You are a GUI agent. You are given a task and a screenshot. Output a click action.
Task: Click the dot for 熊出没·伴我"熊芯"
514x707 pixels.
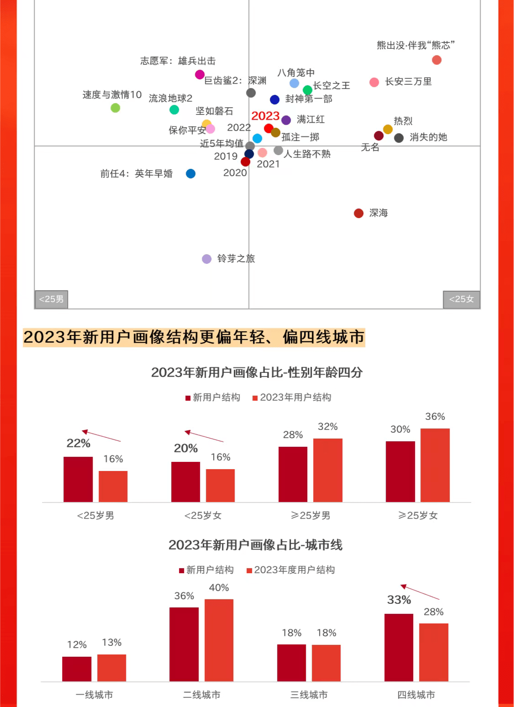point(436,60)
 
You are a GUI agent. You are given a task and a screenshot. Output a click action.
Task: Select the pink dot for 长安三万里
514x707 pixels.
point(374,82)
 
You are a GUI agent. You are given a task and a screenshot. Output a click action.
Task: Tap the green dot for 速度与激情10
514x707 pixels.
point(115,108)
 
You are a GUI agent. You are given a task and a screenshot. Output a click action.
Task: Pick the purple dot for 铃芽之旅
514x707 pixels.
point(207,259)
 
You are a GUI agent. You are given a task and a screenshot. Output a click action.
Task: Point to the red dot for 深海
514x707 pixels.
point(359,213)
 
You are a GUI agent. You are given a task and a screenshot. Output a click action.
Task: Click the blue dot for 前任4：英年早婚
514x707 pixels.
point(191,173)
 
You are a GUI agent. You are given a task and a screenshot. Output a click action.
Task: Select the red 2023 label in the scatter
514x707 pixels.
point(265,116)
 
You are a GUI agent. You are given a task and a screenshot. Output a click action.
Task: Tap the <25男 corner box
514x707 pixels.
point(51,299)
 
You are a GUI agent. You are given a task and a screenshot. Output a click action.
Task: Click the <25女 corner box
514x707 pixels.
point(462,299)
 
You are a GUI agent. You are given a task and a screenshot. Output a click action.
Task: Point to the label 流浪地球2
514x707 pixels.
point(170,98)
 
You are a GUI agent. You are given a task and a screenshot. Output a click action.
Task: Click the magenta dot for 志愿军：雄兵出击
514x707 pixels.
point(199,74)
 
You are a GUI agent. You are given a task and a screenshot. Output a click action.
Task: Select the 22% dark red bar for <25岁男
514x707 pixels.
point(78,479)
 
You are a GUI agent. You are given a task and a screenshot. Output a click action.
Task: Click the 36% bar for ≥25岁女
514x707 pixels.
point(435,465)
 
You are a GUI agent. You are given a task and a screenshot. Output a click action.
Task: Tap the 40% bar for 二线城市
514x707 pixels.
point(219,640)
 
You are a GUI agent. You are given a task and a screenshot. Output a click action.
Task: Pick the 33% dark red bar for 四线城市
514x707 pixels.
point(399,647)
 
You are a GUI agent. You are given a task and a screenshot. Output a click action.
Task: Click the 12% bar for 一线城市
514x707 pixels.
point(77,669)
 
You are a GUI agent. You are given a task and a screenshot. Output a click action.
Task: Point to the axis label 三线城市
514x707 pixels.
point(309,695)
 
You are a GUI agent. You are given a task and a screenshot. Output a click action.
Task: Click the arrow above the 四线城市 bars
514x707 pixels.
point(420,592)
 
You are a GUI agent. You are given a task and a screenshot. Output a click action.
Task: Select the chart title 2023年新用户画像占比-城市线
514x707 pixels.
point(255,545)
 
